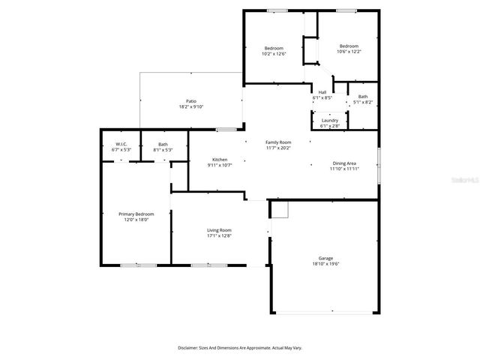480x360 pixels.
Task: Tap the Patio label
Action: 191,101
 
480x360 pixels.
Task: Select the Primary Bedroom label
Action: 136,214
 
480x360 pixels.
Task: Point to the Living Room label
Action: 220,230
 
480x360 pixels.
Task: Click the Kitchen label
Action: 220,159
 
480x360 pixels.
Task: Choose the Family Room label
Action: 278,142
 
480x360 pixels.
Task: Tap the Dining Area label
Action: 344,163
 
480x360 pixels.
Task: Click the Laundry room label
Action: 330,120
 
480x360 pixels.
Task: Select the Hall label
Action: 322,92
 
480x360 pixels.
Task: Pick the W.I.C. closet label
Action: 121,144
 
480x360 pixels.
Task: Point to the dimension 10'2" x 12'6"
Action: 273,54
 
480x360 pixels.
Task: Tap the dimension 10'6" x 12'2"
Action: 348,52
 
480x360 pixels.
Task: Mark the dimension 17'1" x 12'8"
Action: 220,236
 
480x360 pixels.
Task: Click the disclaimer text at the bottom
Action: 240,348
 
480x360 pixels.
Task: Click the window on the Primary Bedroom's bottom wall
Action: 139,265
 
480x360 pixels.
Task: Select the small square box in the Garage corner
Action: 279,209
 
